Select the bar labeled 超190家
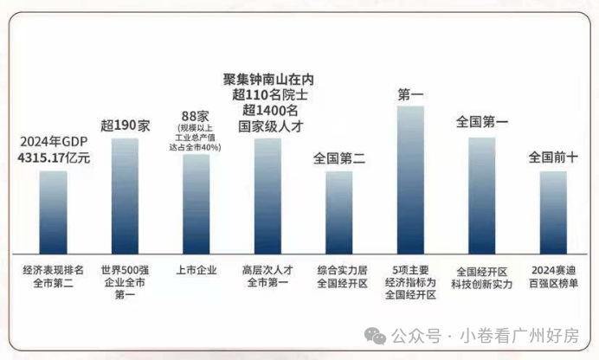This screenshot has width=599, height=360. [125, 192]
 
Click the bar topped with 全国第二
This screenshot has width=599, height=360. [338, 209]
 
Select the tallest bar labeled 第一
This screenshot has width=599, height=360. [410, 177]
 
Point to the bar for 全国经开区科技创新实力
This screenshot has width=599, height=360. [482, 192]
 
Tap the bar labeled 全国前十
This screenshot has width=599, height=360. [553, 209]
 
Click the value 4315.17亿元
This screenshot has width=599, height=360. [54, 157]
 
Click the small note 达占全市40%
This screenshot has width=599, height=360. [196, 147]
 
